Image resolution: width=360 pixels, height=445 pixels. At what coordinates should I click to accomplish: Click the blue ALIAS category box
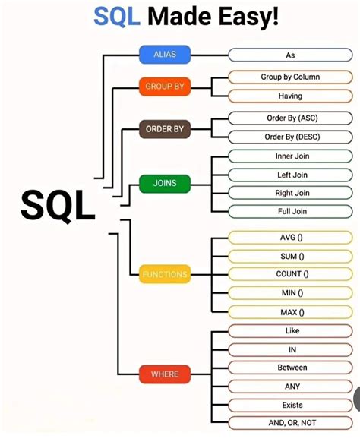pos(164,55)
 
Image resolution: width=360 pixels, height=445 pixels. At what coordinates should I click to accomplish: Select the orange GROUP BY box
pos(164,87)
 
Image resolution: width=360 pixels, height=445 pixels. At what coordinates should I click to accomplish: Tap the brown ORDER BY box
pos(164,129)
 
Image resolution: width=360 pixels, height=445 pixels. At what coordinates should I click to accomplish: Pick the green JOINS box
pos(164,183)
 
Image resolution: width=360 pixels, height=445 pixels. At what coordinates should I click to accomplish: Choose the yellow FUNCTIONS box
pos(164,274)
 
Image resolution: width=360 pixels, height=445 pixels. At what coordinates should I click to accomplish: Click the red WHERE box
pos(164,374)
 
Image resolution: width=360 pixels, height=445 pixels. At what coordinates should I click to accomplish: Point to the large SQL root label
pos(58,205)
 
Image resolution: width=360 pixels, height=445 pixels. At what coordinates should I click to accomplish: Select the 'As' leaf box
pos(290,55)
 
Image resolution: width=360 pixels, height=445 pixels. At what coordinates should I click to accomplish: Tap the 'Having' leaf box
pos(290,96)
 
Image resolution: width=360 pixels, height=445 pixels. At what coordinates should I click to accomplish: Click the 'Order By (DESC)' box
pos(290,137)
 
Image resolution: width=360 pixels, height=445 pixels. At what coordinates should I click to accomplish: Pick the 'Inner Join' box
pos(292,156)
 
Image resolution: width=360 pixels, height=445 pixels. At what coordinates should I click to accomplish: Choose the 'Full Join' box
pos(292,211)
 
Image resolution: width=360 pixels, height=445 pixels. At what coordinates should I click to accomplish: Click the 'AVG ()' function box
pos(292,238)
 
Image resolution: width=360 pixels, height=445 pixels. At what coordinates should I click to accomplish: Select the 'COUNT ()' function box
pos(292,274)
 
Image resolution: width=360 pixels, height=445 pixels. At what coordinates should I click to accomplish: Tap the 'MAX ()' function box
pos(292,311)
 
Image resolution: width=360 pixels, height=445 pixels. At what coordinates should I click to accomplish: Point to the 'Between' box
pos(292,368)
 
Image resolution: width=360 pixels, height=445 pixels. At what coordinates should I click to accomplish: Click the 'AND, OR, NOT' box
pos(292,422)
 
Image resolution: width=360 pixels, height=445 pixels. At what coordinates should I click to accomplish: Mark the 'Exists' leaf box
pos(292,404)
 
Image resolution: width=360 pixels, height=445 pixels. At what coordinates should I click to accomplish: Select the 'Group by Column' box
pos(290,77)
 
